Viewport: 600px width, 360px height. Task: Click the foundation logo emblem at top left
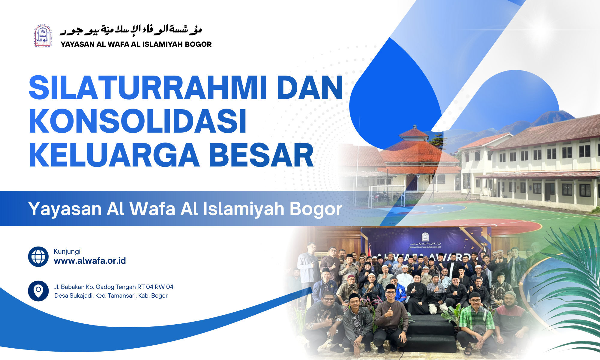point(43,36)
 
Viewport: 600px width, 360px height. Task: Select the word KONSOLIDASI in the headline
point(137,121)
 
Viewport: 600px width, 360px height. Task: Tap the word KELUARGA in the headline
point(114,155)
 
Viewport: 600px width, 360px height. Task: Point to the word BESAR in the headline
point(261,155)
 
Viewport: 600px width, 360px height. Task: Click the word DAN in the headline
point(310,88)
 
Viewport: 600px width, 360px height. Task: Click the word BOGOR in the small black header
point(198,44)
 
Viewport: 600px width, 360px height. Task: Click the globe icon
point(38,256)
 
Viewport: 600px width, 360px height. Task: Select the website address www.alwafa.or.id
point(90,261)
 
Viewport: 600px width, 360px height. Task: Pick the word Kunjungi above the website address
point(67,251)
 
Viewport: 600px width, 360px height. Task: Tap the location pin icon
point(38,291)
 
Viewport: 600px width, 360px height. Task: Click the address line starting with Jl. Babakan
point(114,287)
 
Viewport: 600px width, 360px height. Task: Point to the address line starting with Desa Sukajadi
point(111,295)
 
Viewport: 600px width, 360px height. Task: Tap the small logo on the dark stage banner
point(425,237)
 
